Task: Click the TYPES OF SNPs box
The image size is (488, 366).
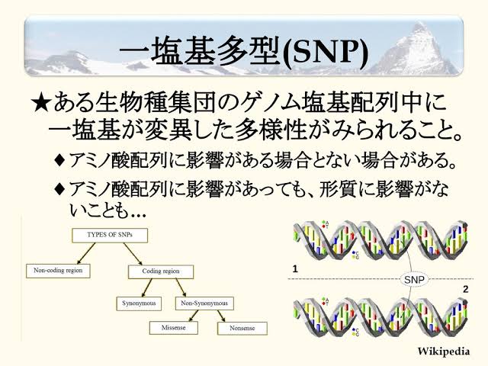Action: tap(110, 236)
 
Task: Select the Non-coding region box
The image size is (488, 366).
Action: tap(58, 271)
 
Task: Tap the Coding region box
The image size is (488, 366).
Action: tap(161, 271)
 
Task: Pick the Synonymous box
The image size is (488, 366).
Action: tap(139, 303)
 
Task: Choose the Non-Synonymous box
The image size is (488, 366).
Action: tap(204, 303)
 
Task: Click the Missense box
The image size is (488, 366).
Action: tap(173, 328)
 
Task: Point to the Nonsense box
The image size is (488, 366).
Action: tap(242, 329)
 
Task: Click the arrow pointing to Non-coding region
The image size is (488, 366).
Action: tap(86, 253)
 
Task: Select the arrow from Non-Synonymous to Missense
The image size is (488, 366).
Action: tap(194, 316)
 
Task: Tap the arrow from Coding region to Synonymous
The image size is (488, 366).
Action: tap(147, 287)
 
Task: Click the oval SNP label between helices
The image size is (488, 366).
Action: tap(414, 280)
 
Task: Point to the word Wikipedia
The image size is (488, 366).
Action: tap(443, 352)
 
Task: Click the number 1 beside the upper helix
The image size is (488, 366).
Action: tap(295, 269)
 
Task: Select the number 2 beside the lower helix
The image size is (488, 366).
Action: tap(466, 290)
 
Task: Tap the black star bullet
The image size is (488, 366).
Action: tap(40, 103)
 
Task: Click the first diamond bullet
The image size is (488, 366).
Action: tap(59, 161)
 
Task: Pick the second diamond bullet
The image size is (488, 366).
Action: tap(59, 188)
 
